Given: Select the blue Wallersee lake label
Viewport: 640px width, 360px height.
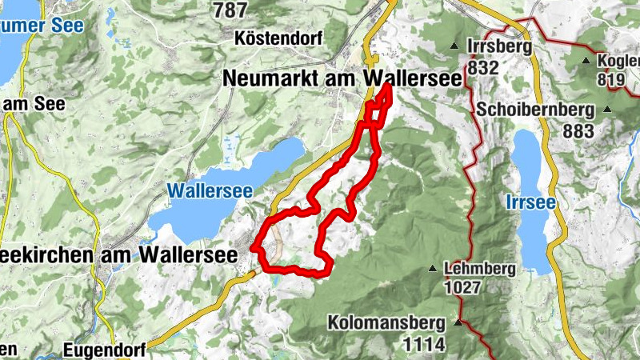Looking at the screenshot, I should pos(210,191).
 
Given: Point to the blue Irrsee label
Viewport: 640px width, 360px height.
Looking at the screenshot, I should pos(530,203).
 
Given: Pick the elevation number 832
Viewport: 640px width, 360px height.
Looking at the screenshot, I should pos(484,68).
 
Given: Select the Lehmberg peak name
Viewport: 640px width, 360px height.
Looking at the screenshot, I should pos(482,268).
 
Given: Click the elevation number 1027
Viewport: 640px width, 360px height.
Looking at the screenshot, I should pos(464,287).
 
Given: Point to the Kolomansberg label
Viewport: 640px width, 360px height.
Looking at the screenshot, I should pos(387,323).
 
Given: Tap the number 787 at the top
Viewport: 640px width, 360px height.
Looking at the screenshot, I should pos(230,10).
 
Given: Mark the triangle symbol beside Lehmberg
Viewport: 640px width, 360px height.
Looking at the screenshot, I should pos(433,268).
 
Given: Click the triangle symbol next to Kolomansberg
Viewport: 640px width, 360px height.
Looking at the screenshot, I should pos(458,323).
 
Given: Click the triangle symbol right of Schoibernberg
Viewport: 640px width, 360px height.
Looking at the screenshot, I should pos(607,110).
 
